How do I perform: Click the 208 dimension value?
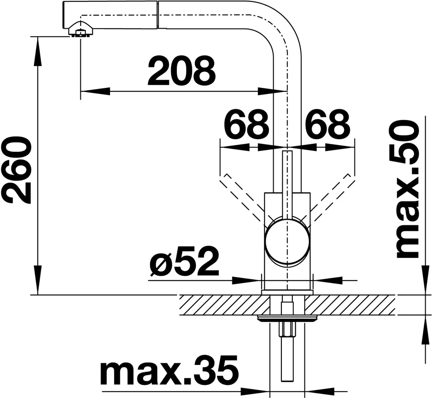tap(182, 71)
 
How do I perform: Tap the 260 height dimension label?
tap(16, 170)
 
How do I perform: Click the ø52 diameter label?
tap(184, 261)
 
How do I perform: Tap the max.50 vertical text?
tap(408, 190)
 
